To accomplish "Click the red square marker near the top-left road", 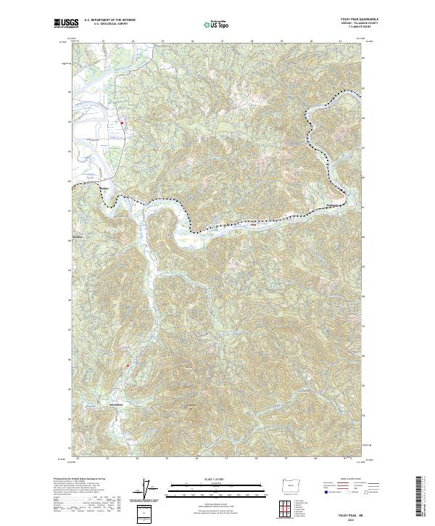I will pos(123,123).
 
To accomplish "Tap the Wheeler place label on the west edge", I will pos(79,237).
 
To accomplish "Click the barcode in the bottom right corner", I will pos(422,498).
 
